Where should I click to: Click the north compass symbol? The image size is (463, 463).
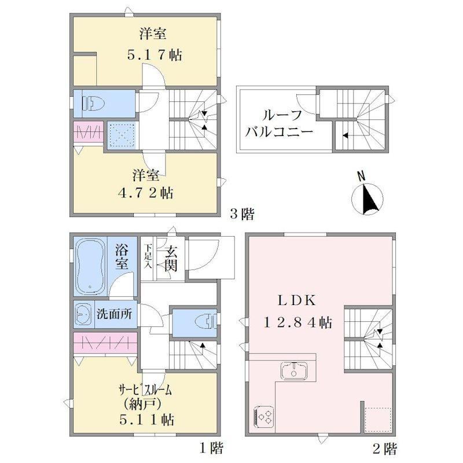pyautogui.click(x=367, y=197)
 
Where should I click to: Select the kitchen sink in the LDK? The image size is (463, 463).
pyautogui.click(x=293, y=370)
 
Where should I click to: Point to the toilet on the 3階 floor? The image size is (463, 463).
pyautogui.click(x=93, y=104)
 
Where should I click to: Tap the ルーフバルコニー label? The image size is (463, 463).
pyautogui.click(x=279, y=123)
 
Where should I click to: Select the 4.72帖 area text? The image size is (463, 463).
pyautogui.click(x=146, y=193)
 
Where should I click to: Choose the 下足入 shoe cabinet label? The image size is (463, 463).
pyautogui.click(x=148, y=256)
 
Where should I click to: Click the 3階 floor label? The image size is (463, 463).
pyautogui.click(x=242, y=214)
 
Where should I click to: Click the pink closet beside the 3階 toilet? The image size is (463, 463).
pyautogui.click(x=88, y=131)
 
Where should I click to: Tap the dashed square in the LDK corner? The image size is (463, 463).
pyautogui.click(x=378, y=420)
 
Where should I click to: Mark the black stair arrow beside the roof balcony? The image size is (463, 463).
pyautogui.click(x=344, y=135)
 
